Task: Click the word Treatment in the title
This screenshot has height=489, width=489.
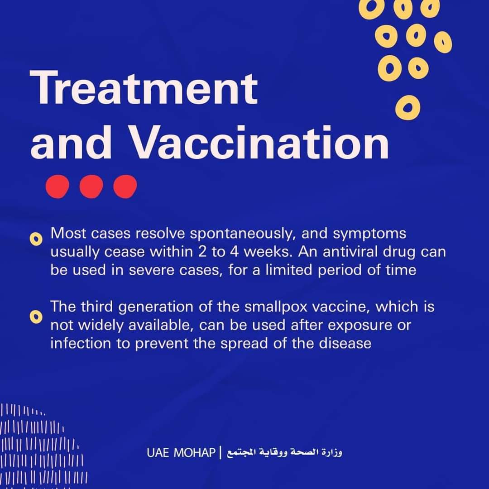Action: click(x=144, y=87)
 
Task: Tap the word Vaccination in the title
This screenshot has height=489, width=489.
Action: click(x=259, y=142)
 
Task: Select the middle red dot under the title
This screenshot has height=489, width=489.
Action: click(x=91, y=187)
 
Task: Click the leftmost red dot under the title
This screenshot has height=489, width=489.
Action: click(x=58, y=187)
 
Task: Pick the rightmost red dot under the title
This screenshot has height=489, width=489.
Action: click(x=125, y=187)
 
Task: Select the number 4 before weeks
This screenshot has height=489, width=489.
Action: click(x=235, y=252)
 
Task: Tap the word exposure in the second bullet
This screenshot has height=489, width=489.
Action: click(x=360, y=326)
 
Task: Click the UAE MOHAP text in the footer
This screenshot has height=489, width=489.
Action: click(x=181, y=452)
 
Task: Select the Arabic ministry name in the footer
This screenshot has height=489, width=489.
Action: click(x=284, y=452)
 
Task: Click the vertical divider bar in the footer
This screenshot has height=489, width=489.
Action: click(x=221, y=452)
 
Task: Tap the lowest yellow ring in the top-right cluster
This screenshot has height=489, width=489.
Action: click(x=408, y=108)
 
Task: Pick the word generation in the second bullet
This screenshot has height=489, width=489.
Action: click(x=156, y=307)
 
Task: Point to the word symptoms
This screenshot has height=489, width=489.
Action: click(x=369, y=234)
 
